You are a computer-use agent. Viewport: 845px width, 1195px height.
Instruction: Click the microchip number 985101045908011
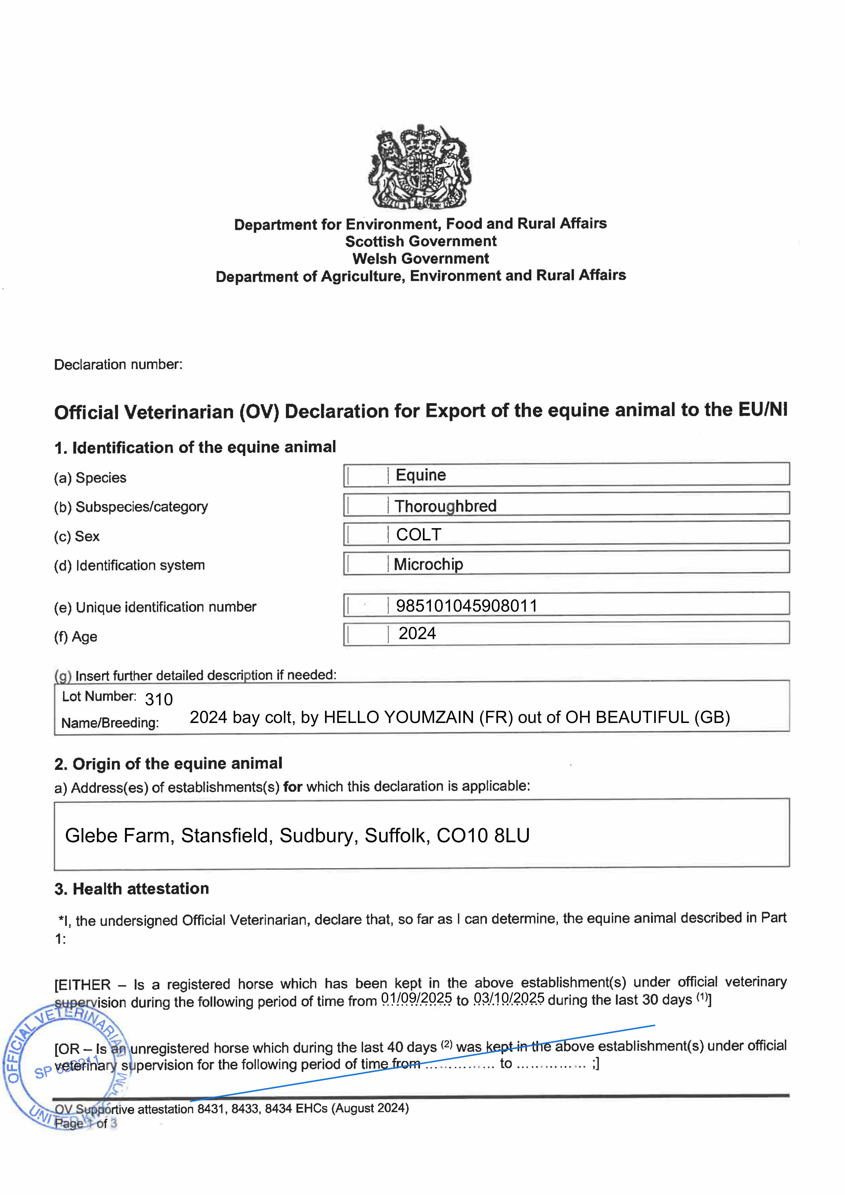click(467, 606)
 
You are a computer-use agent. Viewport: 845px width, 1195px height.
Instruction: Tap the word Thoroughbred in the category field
click(446, 506)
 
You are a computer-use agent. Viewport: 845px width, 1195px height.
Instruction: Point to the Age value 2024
click(417, 633)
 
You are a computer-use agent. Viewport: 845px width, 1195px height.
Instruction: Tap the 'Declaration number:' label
click(118, 364)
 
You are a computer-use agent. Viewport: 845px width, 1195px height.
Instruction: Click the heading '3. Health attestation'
click(132, 888)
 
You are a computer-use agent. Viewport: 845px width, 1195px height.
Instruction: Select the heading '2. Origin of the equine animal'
click(168, 764)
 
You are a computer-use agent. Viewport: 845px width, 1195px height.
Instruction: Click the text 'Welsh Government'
click(421, 259)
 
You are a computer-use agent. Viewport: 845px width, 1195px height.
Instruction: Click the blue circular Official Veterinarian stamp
click(65, 1067)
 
